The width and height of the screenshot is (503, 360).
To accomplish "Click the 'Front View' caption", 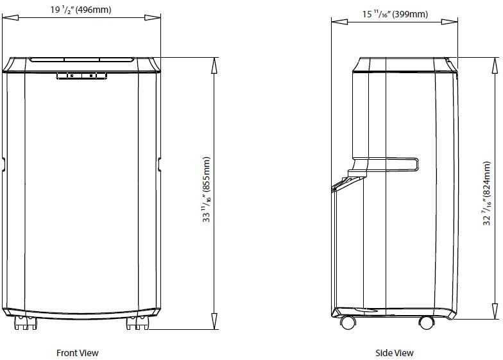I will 77,352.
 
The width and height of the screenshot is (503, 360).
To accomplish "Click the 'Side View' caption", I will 394,352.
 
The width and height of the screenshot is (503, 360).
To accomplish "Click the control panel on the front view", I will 81,76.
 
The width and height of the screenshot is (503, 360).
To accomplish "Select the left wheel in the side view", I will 348,322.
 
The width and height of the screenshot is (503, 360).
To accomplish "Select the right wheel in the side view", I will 425,322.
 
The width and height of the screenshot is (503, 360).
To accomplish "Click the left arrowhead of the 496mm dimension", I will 6,19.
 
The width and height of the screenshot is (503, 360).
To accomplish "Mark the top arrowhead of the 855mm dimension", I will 213,61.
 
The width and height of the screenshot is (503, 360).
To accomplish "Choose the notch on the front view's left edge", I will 4,164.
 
